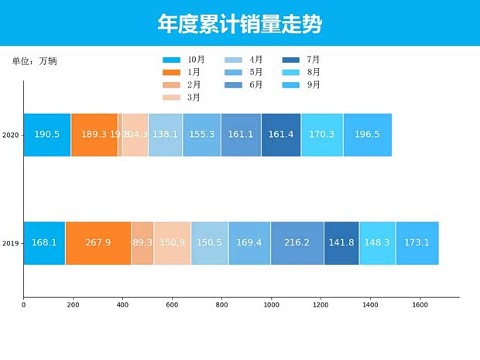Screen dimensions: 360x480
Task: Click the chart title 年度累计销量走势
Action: click(239, 24)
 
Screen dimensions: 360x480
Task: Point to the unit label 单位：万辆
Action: click(34, 61)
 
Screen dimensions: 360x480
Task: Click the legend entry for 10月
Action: click(183, 60)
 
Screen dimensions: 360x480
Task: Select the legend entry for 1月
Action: click(183, 72)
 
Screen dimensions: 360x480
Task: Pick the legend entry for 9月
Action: click(303, 85)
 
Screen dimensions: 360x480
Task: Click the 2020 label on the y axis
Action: click(11, 135)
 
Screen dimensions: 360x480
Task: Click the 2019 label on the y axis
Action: click(11, 243)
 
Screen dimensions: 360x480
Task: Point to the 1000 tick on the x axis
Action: click(271, 306)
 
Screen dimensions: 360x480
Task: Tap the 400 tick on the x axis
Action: click(122, 306)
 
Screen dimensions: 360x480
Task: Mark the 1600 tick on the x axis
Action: click(420, 306)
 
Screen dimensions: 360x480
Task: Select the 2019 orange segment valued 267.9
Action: click(98, 243)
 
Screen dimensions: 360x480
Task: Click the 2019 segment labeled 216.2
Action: click(297, 243)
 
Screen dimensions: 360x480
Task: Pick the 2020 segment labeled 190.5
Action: click(47, 135)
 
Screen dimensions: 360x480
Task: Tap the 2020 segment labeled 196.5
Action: click(367, 135)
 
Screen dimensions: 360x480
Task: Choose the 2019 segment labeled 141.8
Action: click(341, 243)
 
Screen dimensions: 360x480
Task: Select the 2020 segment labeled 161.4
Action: click(281, 135)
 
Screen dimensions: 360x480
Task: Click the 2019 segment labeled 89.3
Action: click(142, 243)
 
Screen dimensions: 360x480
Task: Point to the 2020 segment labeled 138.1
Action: click(166, 135)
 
